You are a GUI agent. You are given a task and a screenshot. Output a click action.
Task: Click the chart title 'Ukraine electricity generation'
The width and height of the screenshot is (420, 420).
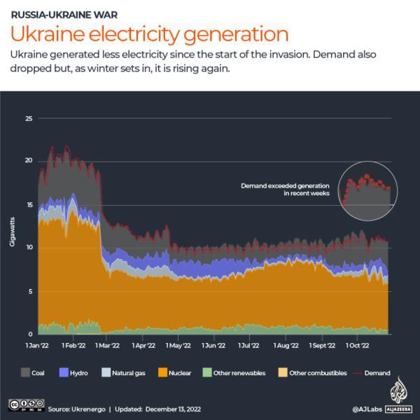(148, 34)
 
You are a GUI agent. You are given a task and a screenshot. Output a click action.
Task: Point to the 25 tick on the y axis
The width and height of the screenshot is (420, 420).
(29, 118)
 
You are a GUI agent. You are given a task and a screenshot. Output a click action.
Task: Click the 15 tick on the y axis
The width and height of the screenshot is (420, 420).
(29, 204)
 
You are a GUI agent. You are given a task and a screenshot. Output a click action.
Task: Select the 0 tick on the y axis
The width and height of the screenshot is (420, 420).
(31, 334)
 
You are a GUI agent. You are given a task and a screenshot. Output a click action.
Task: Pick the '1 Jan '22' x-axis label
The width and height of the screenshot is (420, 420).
(38, 345)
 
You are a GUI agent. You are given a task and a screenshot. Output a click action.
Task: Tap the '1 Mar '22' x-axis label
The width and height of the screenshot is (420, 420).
(106, 345)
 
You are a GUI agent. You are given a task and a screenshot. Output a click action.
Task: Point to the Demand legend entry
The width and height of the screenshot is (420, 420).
(370, 373)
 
